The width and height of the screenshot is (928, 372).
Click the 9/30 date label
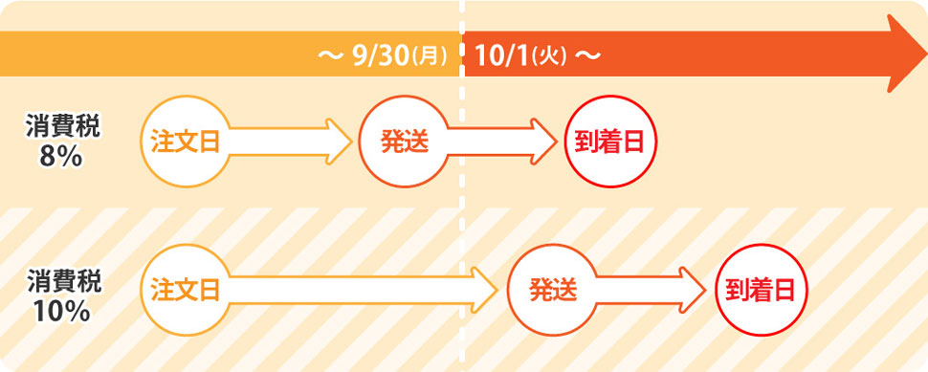[x=380, y=56]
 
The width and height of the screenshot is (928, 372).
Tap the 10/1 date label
[x=502, y=56]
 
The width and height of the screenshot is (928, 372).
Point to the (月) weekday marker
[x=429, y=57]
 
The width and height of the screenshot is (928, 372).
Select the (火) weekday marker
[x=550, y=57]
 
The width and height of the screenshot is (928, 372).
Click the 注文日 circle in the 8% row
[x=186, y=142]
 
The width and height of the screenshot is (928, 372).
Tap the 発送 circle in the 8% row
[x=405, y=142]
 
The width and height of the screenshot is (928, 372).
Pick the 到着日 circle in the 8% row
[x=610, y=142]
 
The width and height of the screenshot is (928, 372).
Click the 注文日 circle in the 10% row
[x=186, y=291]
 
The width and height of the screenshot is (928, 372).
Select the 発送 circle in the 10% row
[x=553, y=291]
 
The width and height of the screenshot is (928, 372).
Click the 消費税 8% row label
[x=63, y=142]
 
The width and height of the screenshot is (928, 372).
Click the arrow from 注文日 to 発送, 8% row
[x=290, y=142]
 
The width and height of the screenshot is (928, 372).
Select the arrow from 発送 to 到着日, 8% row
[x=502, y=142]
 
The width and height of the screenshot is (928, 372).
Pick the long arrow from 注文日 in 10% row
[x=363, y=291]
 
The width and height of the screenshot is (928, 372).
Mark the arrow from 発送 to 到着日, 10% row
[x=651, y=291]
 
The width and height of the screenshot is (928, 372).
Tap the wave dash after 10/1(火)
[x=587, y=56]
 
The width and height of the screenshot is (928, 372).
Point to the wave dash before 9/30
[x=331, y=56]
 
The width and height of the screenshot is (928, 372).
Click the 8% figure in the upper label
[x=61, y=157]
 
